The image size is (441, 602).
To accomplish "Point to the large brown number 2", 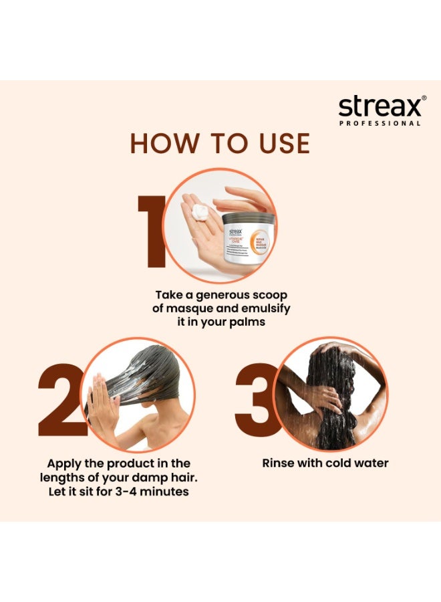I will [61, 400].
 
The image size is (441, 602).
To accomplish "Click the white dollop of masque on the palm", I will [199, 213].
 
